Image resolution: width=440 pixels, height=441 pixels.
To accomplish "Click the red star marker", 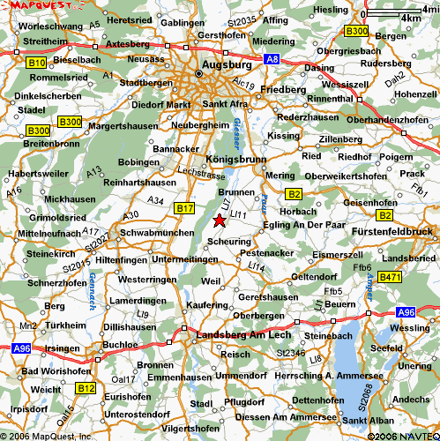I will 219,220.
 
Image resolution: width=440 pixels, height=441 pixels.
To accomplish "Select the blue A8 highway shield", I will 272,60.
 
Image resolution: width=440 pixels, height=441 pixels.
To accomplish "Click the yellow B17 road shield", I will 184,208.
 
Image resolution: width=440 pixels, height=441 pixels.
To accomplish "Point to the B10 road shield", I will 36,64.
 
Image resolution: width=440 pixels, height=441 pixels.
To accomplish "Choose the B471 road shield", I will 391,278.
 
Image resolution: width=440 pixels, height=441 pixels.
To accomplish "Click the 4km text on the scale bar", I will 410,18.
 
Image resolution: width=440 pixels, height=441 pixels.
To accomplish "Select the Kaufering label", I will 207,305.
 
